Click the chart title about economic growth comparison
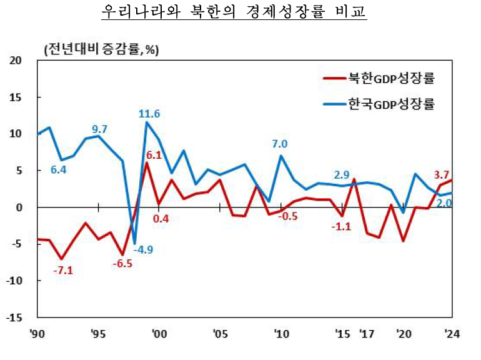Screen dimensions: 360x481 pos(234,13)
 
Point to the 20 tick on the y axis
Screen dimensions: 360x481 pos(14,61)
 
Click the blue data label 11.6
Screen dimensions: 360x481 pos(149,114)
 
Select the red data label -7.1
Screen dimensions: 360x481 pos(64,271)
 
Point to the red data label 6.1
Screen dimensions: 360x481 pos(154,156)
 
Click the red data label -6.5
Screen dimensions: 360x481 pos(122,264)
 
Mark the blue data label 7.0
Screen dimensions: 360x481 pos(279,144)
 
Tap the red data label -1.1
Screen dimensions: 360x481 pos(342,226)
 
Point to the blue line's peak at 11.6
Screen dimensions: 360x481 pos(147,122)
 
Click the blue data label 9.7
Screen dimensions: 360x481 pos(100,129)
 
